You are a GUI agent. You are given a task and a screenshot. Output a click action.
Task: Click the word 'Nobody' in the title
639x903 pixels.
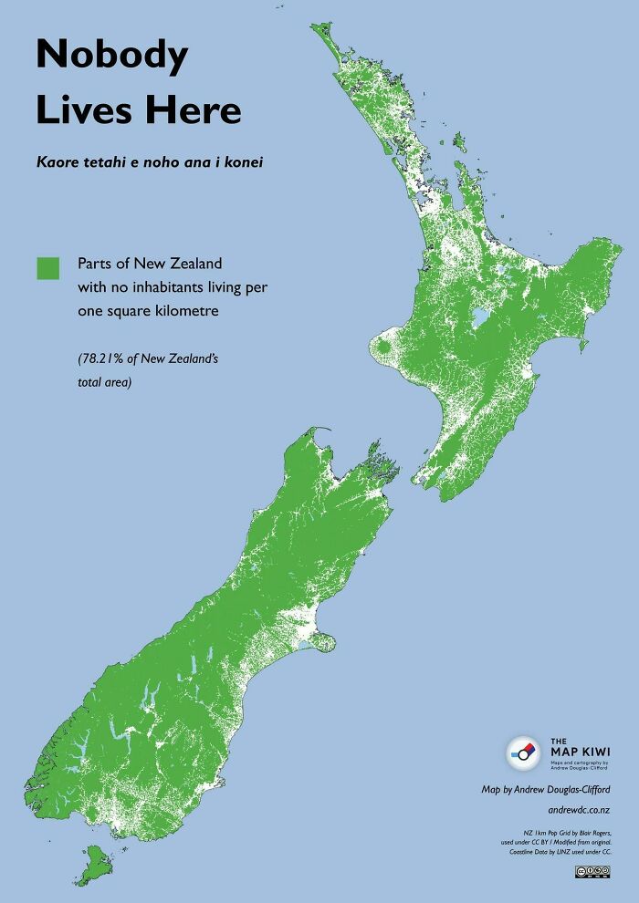click(111, 56)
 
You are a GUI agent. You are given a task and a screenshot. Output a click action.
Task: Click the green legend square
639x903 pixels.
click(47, 267)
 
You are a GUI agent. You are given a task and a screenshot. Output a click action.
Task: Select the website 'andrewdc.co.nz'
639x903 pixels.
click(579, 809)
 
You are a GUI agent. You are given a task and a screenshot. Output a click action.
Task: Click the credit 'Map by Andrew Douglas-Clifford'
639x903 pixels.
click(546, 789)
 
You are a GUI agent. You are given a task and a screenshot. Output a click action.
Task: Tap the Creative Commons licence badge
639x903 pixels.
click(592, 873)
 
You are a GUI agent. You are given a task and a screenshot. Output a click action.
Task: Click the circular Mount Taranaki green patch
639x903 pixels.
click(383, 348)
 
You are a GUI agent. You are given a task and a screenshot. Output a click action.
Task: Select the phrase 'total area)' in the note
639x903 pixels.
click(105, 382)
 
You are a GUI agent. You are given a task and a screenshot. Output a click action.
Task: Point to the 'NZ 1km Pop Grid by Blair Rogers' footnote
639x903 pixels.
click(567, 832)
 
